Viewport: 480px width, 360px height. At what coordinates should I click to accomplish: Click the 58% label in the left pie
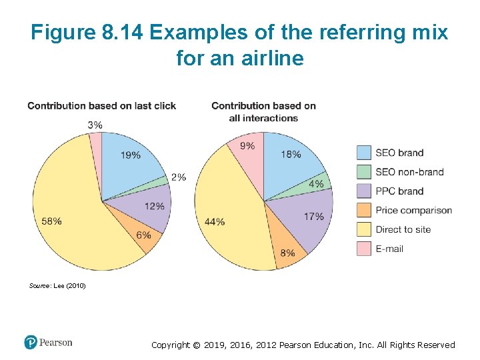tap(51, 221)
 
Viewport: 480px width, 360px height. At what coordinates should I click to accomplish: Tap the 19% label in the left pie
tap(131, 155)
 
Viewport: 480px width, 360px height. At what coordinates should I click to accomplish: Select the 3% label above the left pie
tap(95, 125)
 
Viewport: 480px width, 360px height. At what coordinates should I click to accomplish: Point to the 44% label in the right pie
tap(215, 221)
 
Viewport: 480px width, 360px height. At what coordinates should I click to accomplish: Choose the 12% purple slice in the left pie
tap(154, 206)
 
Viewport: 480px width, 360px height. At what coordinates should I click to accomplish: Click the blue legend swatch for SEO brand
tap(364, 153)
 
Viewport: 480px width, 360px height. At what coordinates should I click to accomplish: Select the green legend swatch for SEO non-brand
tap(364, 172)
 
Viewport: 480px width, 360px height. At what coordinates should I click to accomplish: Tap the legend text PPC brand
tap(399, 191)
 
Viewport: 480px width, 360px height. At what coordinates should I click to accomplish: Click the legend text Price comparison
tap(413, 210)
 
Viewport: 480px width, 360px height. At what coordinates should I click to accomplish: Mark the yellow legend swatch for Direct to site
tap(364, 229)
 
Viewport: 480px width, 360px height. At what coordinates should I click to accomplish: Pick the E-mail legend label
tap(389, 249)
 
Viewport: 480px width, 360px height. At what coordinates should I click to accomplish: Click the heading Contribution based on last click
tap(102, 106)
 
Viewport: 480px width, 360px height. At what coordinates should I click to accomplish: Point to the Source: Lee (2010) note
tap(58, 285)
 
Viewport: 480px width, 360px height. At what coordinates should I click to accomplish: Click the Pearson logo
tap(48, 342)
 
